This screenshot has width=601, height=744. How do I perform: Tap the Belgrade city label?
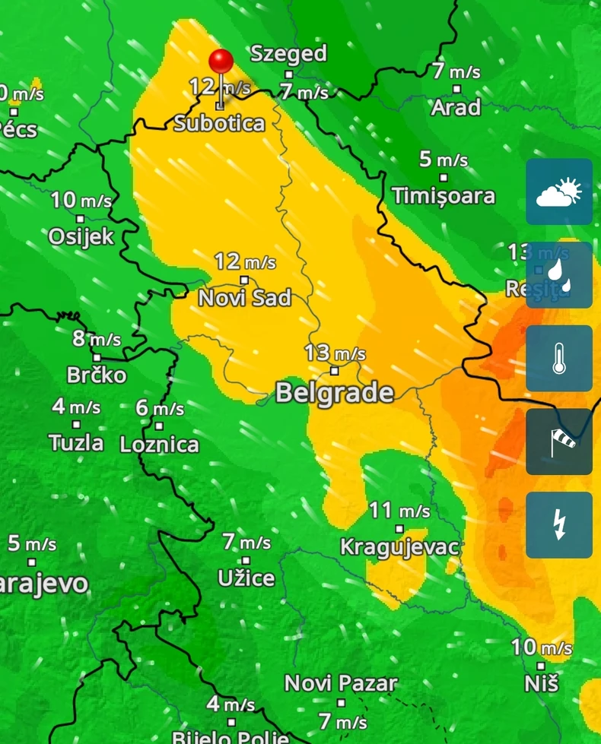(334, 393)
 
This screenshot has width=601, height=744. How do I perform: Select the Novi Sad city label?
(244, 298)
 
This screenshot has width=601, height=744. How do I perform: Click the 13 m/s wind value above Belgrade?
(335, 353)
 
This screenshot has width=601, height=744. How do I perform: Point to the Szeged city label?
(288, 53)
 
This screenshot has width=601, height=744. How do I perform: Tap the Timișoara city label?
(444, 196)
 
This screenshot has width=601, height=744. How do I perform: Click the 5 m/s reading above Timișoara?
(444, 160)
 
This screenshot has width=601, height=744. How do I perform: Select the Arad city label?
(456, 108)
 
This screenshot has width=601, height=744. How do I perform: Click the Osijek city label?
(81, 237)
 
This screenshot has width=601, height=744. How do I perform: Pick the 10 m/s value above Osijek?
(81, 201)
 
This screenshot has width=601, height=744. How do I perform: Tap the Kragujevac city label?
(399, 546)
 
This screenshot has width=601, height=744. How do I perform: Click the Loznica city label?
(159, 445)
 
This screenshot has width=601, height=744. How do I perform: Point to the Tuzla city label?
(76, 442)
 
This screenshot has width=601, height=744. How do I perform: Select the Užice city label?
(246, 578)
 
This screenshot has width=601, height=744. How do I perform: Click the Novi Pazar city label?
(341, 683)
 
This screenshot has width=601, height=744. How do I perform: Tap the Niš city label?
(542, 683)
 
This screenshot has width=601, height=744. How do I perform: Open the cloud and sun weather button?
(559, 192)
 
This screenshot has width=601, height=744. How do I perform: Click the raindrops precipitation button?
(559, 275)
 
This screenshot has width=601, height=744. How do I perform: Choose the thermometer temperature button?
(559, 359)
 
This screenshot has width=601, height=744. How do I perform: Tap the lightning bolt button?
(559, 525)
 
